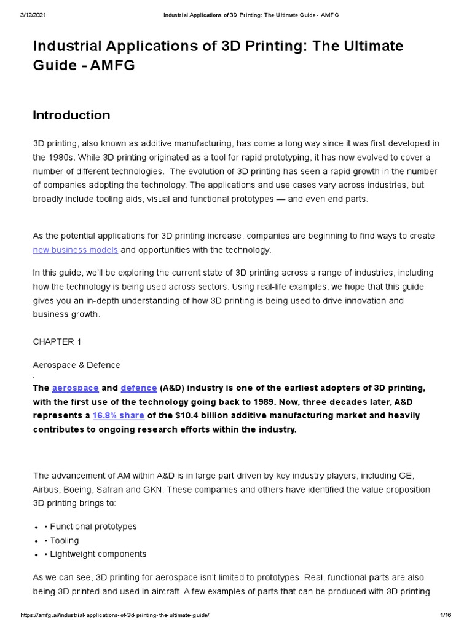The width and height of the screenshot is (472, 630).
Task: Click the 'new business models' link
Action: click(75, 250)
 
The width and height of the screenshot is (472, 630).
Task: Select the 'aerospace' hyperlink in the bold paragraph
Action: click(75, 388)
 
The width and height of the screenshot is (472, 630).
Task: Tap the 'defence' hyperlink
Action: click(139, 388)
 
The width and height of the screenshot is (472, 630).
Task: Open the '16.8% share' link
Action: click(118, 415)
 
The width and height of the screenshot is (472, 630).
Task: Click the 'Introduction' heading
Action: click(71, 115)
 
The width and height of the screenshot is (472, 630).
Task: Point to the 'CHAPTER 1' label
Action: click(57, 341)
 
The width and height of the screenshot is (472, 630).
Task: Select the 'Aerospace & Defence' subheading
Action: click(76, 365)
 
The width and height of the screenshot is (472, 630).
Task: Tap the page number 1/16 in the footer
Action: click(446, 616)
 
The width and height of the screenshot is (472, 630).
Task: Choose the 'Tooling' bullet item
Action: click(64, 540)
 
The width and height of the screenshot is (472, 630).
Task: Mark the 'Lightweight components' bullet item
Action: click(98, 554)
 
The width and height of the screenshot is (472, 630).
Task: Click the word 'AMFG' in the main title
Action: click(112, 66)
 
